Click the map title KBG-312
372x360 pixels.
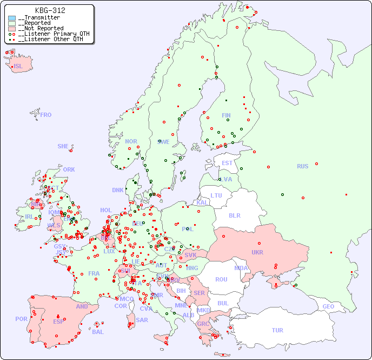click(50, 10)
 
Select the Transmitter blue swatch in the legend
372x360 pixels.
click(12, 18)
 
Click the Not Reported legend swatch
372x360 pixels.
click(12, 29)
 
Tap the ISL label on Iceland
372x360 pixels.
click(18, 67)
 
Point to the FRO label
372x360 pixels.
click(46, 115)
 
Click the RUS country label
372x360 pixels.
click(302, 166)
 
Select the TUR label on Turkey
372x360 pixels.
click(277, 330)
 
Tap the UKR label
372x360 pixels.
click(257, 252)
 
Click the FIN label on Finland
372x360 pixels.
click(226, 115)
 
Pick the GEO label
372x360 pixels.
click(328, 306)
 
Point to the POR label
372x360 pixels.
click(21, 319)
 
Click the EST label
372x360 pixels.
click(227, 163)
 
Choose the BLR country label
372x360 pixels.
click(234, 215)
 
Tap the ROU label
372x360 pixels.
click(221, 279)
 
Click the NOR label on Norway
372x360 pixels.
click(131, 141)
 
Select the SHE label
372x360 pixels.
click(63, 146)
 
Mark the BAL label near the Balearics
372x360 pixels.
click(98, 332)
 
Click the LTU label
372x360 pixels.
click(216, 195)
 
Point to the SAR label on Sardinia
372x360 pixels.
click(142, 320)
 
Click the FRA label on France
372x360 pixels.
click(94, 273)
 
